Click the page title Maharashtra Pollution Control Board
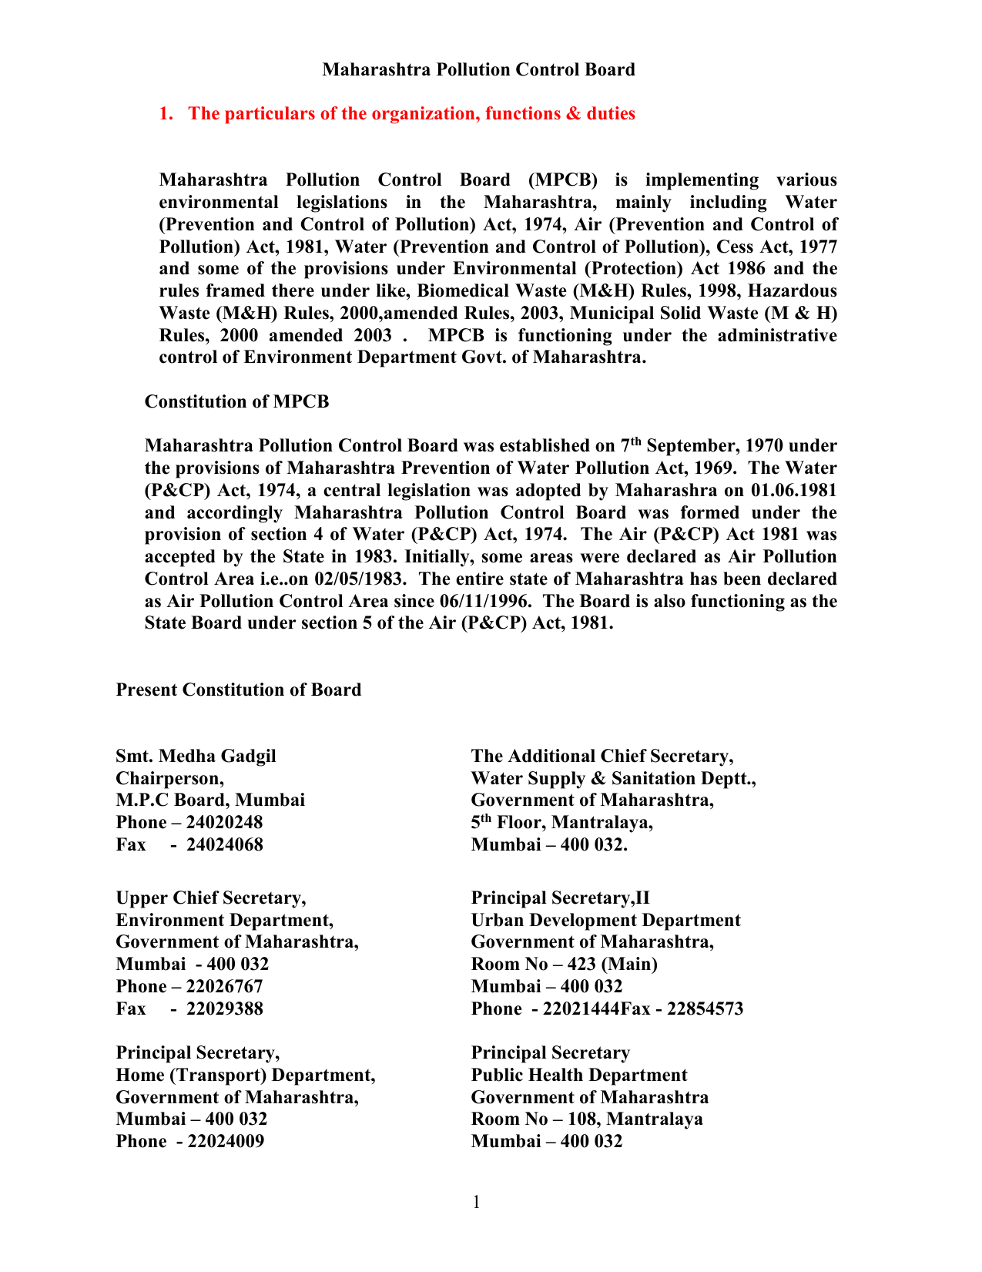pos(478,70)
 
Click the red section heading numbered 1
pos(397,114)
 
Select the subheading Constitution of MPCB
pos(236,402)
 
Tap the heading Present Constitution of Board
pos(239,690)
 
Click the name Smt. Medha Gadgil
pos(196,757)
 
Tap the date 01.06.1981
pos(793,491)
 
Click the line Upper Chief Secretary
pos(211,898)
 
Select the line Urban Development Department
pos(605,921)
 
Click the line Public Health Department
pos(579,1076)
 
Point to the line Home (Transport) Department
pos(246,1076)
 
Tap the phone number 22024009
pos(225,1142)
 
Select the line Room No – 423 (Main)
pos(564,965)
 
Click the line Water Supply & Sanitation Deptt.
pos(613,779)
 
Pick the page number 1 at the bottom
pos(477,1203)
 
